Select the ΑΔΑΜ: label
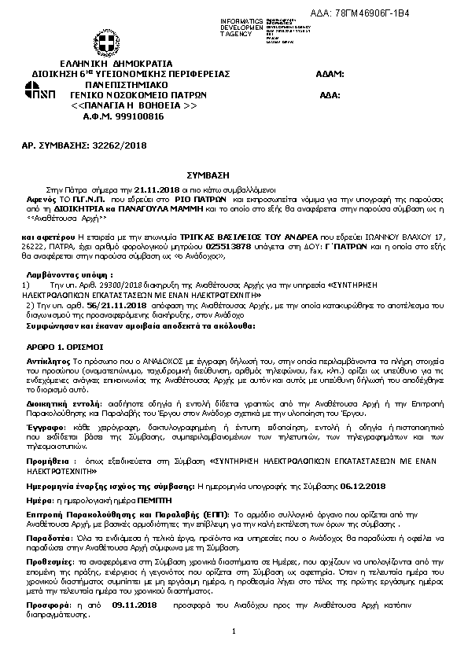pyautogui.click(x=330, y=73)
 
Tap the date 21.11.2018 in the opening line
pyautogui.click(x=158, y=190)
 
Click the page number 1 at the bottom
pyautogui.click(x=234, y=632)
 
